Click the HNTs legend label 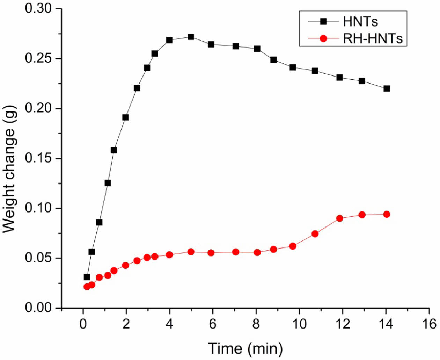(360, 22)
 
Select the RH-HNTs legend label (372, 38)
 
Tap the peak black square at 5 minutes (191, 37)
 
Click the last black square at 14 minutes (386, 88)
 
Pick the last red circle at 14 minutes (386, 214)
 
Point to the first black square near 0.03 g (87, 277)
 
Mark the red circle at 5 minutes (191, 252)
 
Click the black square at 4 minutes (169, 40)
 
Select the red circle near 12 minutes (339, 218)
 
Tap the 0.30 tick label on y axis (38, 8)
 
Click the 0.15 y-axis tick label (38, 158)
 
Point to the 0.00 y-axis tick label (38, 308)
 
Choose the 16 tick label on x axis (429, 324)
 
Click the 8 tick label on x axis (256, 324)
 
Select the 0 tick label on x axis (83, 324)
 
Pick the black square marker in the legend (323, 22)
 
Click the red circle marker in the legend (323, 38)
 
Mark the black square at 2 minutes (125, 117)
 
